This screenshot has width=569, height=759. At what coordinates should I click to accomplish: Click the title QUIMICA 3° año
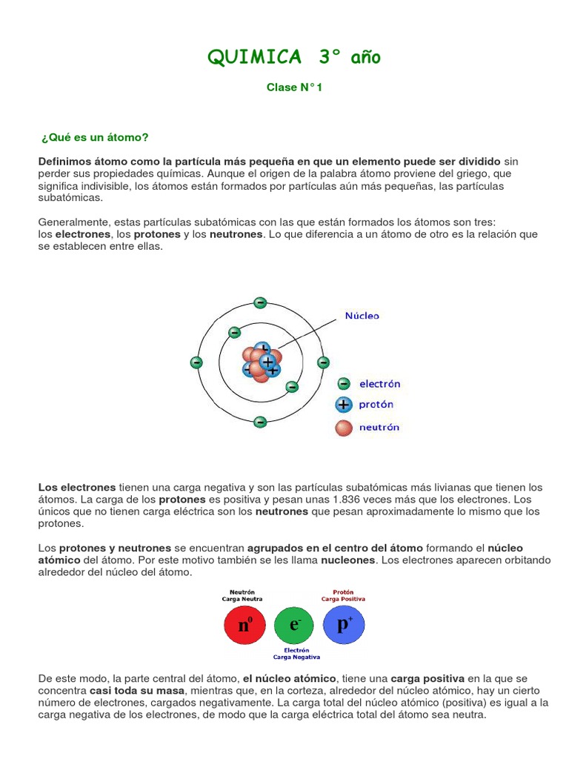[x=294, y=57]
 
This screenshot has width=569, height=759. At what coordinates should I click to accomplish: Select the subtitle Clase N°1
[x=294, y=87]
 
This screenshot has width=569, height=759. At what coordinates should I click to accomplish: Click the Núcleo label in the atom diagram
[x=362, y=315]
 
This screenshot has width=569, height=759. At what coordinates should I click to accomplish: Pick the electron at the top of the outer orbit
[x=260, y=302]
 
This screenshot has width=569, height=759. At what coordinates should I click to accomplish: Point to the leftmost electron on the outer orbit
[x=196, y=362]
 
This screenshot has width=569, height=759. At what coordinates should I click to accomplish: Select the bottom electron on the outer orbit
[x=260, y=422]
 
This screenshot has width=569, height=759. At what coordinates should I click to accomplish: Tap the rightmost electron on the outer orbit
[x=323, y=362]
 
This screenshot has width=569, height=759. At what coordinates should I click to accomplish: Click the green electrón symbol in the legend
[x=343, y=384]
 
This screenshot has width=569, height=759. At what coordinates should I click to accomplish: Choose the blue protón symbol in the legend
[x=343, y=405]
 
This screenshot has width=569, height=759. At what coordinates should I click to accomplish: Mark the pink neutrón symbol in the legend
[x=343, y=427]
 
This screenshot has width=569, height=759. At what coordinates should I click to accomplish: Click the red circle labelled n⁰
[x=245, y=626]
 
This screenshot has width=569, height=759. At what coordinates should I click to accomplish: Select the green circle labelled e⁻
[x=295, y=626]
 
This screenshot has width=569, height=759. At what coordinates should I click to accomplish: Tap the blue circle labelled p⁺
[x=345, y=624]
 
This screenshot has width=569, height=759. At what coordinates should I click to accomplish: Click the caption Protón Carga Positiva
[x=342, y=595]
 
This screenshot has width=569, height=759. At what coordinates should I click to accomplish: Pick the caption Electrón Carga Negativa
[x=296, y=654]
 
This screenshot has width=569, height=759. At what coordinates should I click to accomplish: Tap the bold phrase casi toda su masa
[x=137, y=690]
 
